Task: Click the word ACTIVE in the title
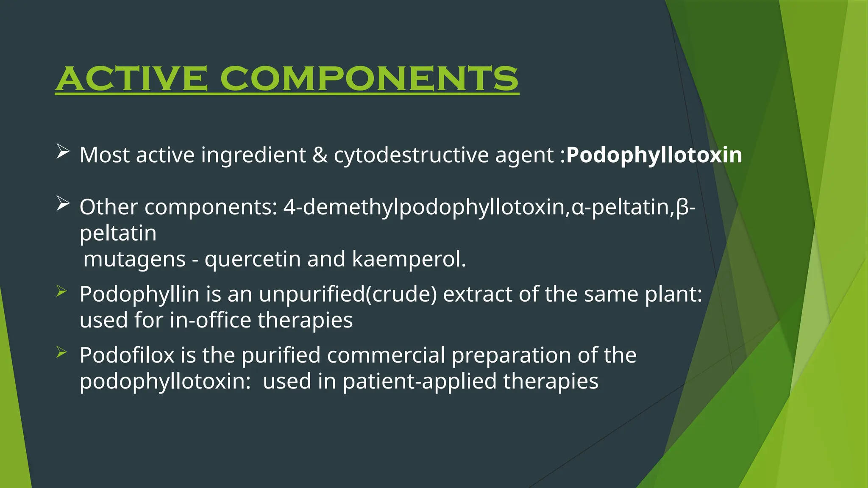pyautogui.click(x=131, y=79)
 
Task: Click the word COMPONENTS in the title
pyautogui.click(x=369, y=79)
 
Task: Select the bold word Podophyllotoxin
pyautogui.click(x=654, y=155)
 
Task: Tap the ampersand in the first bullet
pyautogui.click(x=320, y=155)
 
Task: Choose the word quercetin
pyautogui.click(x=253, y=259)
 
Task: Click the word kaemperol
pyautogui.click(x=409, y=259)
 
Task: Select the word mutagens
pyautogui.click(x=135, y=259)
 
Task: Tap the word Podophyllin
pyautogui.click(x=139, y=294)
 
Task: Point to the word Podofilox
pyautogui.click(x=127, y=355)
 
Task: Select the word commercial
pyautogui.click(x=386, y=355)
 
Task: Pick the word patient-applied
pyautogui.click(x=420, y=381)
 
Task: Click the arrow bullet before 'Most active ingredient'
pyautogui.click(x=63, y=151)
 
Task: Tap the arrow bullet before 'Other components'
pyautogui.click(x=63, y=204)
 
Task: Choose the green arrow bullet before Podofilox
pyautogui.click(x=61, y=352)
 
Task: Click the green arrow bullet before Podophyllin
pyautogui.click(x=61, y=291)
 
